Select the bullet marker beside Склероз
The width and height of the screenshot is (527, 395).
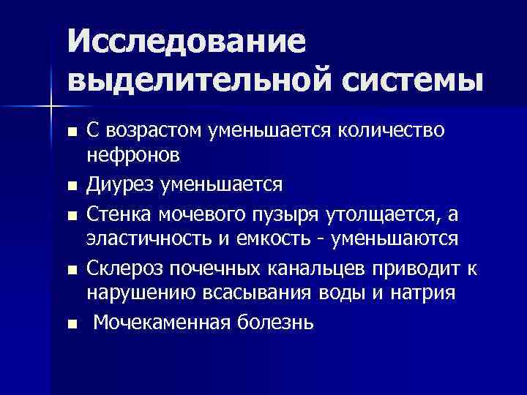pos(71,270)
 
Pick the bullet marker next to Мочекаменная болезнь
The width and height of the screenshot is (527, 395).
pos(71,324)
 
